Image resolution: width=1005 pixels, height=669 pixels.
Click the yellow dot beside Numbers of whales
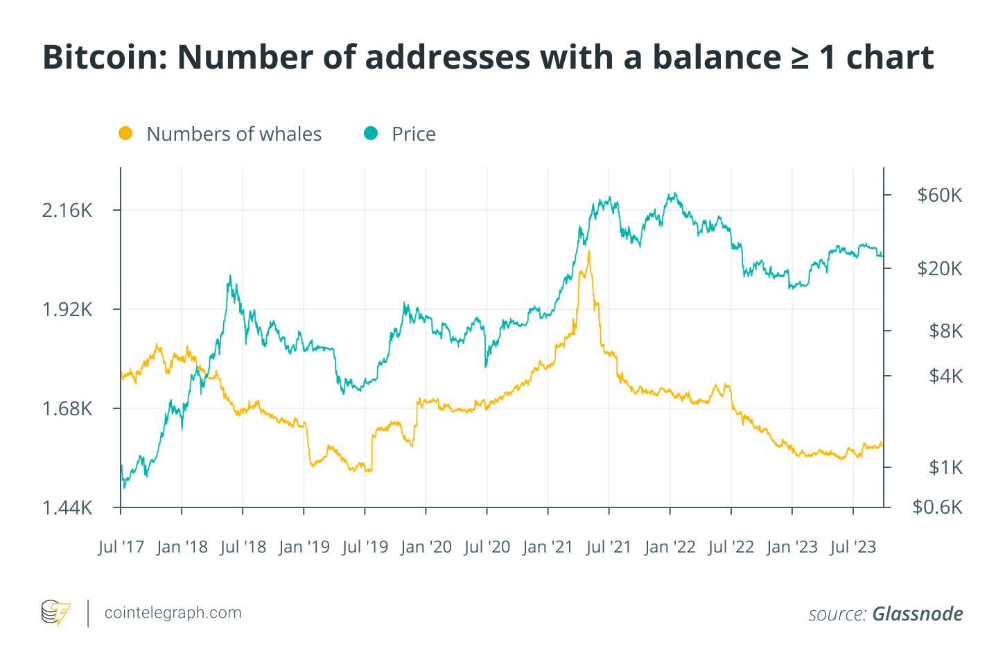click(x=125, y=133)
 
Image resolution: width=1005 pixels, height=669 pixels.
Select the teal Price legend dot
click(x=371, y=133)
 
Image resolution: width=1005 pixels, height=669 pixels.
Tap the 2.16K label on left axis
click(x=67, y=211)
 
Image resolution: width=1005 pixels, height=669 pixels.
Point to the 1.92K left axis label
click(x=67, y=310)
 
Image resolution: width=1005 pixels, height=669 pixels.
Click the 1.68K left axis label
click(x=67, y=409)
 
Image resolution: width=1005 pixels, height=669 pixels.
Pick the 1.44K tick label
click(x=67, y=508)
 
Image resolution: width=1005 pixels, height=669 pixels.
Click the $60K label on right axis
click(x=939, y=195)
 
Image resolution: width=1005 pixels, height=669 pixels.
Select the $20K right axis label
click(x=939, y=268)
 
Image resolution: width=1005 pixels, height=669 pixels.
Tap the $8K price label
click(x=945, y=331)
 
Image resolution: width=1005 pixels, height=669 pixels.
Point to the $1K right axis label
click(x=945, y=467)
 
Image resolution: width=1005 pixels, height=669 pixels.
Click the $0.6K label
click(x=937, y=507)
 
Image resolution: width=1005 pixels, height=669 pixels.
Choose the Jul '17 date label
click(x=121, y=547)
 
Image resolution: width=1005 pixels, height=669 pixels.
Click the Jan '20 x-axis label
click(x=426, y=547)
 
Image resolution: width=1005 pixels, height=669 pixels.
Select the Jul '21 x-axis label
click(x=609, y=547)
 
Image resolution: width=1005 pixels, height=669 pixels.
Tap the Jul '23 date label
click(x=853, y=547)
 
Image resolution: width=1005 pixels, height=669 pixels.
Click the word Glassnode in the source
click(x=917, y=614)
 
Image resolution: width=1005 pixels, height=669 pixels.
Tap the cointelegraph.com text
click(x=173, y=613)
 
